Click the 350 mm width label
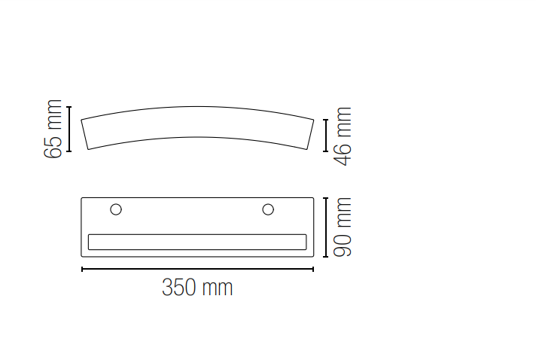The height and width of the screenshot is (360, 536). point(197,288)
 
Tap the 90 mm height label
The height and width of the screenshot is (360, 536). point(343,227)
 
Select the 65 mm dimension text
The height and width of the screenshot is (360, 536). point(53,129)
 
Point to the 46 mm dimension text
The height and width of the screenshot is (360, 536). point(343,136)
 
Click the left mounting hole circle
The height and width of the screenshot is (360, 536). point(116,209)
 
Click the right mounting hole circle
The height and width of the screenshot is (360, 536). point(268,209)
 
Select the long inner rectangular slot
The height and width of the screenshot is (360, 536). point(197,242)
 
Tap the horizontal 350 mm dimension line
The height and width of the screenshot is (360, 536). point(197,270)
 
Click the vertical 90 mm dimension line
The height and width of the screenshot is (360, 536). point(325,227)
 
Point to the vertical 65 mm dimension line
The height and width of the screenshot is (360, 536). point(69,129)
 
